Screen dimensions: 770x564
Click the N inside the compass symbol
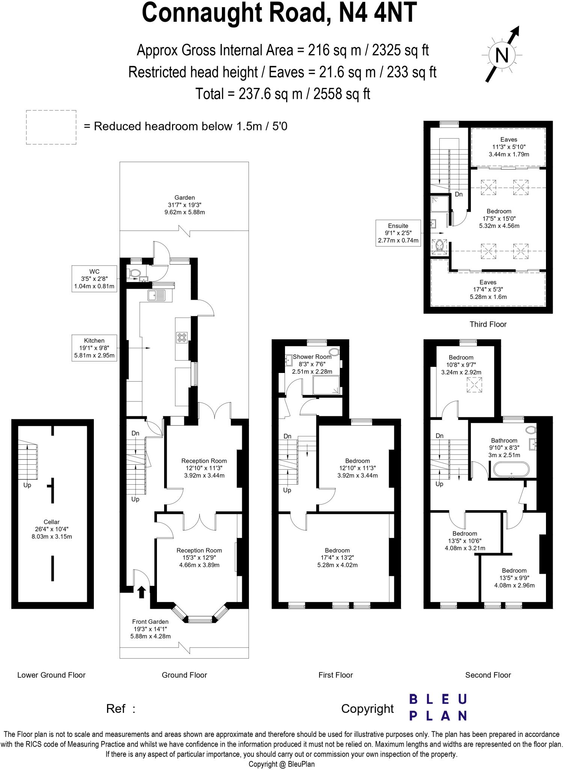click(x=502, y=56)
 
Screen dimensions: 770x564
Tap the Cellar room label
click(x=51, y=529)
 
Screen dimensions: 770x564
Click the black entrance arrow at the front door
click(x=142, y=592)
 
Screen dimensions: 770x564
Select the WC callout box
click(x=94, y=279)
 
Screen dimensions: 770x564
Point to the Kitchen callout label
click(x=94, y=348)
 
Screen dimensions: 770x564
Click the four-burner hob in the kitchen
click(x=182, y=337)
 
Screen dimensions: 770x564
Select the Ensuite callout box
click(x=398, y=233)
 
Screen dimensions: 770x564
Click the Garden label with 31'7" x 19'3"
click(x=184, y=205)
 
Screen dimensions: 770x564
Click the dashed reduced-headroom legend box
click(x=51, y=127)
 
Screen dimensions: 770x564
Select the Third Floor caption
click(x=488, y=324)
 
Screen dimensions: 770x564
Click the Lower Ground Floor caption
click(x=51, y=675)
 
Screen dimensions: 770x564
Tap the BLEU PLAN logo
click(x=437, y=707)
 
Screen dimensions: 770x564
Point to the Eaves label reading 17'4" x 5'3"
click(x=488, y=289)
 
